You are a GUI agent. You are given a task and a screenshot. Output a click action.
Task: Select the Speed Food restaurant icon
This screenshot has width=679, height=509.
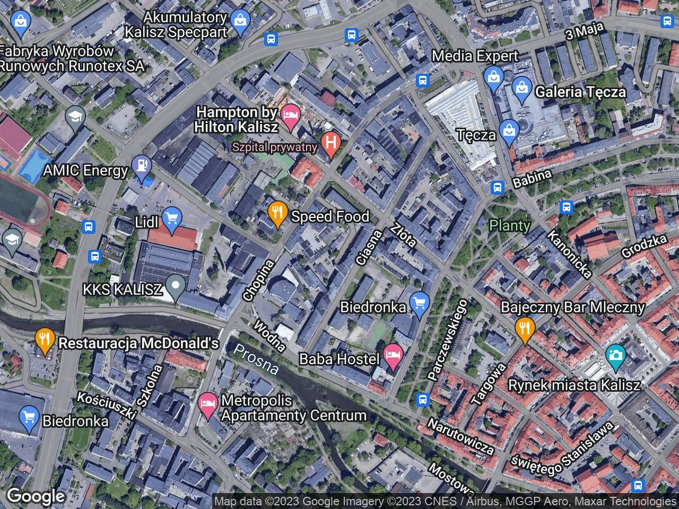[277, 213]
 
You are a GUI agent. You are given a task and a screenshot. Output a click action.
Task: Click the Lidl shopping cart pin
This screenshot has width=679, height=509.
[171, 220]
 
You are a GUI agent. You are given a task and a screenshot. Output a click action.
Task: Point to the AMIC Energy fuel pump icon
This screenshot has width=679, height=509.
[142, 166]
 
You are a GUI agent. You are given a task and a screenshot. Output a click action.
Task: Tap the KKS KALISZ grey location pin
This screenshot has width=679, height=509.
[176, 287]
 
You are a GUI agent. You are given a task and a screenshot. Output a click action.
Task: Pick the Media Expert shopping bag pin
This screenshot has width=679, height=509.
[494, 77]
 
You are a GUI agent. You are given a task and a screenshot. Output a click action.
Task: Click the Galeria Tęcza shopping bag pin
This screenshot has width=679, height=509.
[522, 89]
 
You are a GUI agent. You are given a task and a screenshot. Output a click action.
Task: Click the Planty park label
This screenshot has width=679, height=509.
[510, 225]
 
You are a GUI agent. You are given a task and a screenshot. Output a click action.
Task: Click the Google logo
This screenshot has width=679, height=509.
[36, 496]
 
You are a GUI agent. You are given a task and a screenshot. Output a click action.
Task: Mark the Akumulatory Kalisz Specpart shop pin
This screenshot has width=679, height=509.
[240, 22]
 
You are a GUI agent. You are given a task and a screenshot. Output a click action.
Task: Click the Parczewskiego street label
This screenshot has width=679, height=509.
[448, 340]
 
